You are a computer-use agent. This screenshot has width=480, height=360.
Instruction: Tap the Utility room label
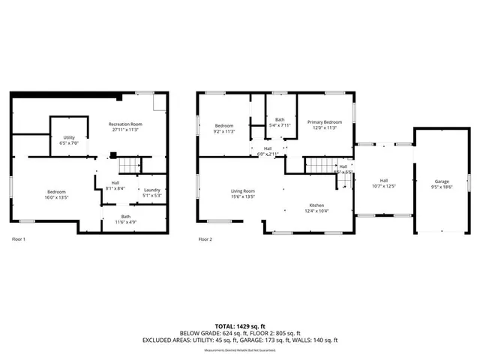(x=68, y=138)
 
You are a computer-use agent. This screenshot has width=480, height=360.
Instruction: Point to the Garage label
(x=442, y=181)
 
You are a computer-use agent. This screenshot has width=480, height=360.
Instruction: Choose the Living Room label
(x=243, y=191)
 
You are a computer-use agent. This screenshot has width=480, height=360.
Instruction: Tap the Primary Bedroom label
(x=324, y=122)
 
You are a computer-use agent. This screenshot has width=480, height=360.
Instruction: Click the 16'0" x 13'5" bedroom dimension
(x=56, y=198)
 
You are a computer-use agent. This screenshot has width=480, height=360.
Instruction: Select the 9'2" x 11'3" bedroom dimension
(x=225, y=131)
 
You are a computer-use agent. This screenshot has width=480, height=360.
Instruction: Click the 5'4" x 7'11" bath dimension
(x=280, y=125)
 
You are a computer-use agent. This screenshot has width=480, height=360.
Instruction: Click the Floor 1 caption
(x=19, y=239)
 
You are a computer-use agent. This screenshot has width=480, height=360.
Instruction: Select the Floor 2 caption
(x=205, y=239)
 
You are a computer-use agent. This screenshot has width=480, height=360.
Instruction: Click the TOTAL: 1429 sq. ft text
(x=239, y=326)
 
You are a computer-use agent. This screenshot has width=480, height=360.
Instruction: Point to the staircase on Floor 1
(x=130, y=165)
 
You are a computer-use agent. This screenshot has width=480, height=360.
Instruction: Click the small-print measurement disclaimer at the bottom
(x=240, y=349)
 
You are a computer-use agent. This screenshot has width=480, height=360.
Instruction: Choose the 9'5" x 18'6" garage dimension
(x=442, y=187)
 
